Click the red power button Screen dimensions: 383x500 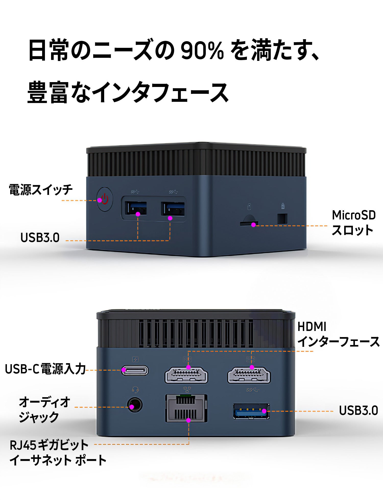tap(105, 199)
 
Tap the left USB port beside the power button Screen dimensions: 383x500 tap(136, 208)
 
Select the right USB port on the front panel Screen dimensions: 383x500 tap(173, 209)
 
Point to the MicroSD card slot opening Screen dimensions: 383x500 tap(249, 223)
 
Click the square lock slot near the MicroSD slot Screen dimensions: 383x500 tap(282, 219)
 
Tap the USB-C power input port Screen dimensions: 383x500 tap(135, 370)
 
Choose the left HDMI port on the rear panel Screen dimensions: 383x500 tap(186, 375)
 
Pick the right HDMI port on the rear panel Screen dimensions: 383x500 tap(249, 375)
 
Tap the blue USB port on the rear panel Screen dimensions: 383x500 tap(251, 411)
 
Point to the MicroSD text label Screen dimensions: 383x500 tap(354, 215)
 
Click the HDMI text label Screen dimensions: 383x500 tap(312, 327)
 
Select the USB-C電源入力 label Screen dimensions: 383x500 tap(45, 369)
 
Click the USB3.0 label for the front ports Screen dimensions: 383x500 tap(40, 238)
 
